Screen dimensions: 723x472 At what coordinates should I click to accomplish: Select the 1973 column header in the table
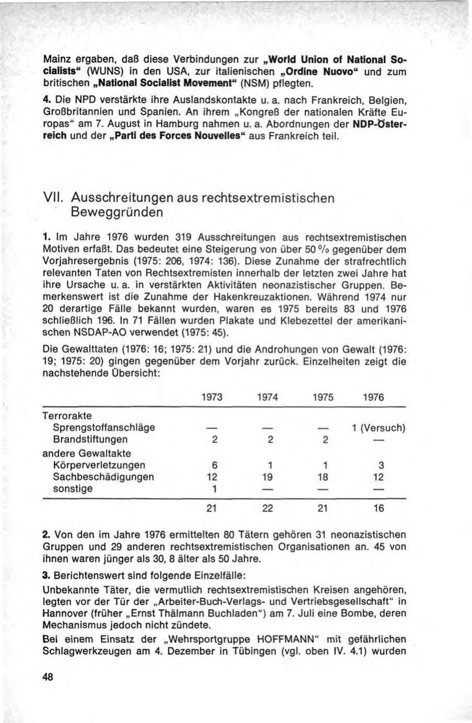pos(212,397)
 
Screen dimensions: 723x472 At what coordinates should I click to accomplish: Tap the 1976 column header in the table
pos(373,397)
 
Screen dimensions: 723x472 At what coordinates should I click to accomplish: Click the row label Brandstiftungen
pos(90,439)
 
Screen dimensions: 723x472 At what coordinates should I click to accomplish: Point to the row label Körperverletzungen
pos(100,465)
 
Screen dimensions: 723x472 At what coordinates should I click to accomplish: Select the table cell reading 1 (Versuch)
pos(378,428)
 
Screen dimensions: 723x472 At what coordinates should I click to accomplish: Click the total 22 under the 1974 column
pos(267,508)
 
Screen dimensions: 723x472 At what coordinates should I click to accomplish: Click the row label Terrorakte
pos(67,416)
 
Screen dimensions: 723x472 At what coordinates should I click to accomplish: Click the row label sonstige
pos(73,489)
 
